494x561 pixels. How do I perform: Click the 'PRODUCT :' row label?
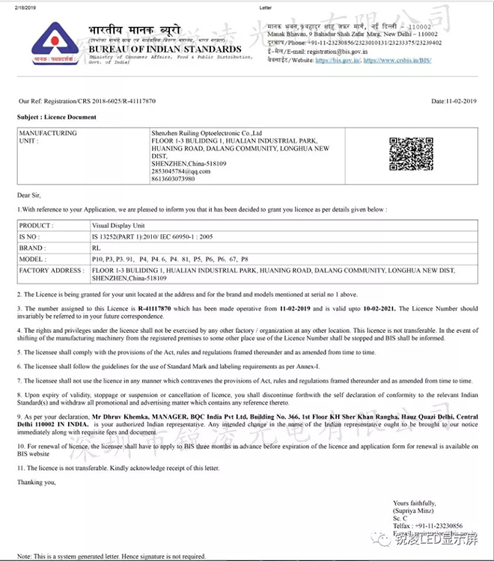tap(36, 225)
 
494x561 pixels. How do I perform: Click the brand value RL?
tap(95, 248)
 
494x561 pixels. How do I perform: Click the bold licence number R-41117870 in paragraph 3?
tap(154, 309)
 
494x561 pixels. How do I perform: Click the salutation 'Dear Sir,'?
tap(30, 196)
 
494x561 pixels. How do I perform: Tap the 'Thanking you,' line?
tap(37, 482)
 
